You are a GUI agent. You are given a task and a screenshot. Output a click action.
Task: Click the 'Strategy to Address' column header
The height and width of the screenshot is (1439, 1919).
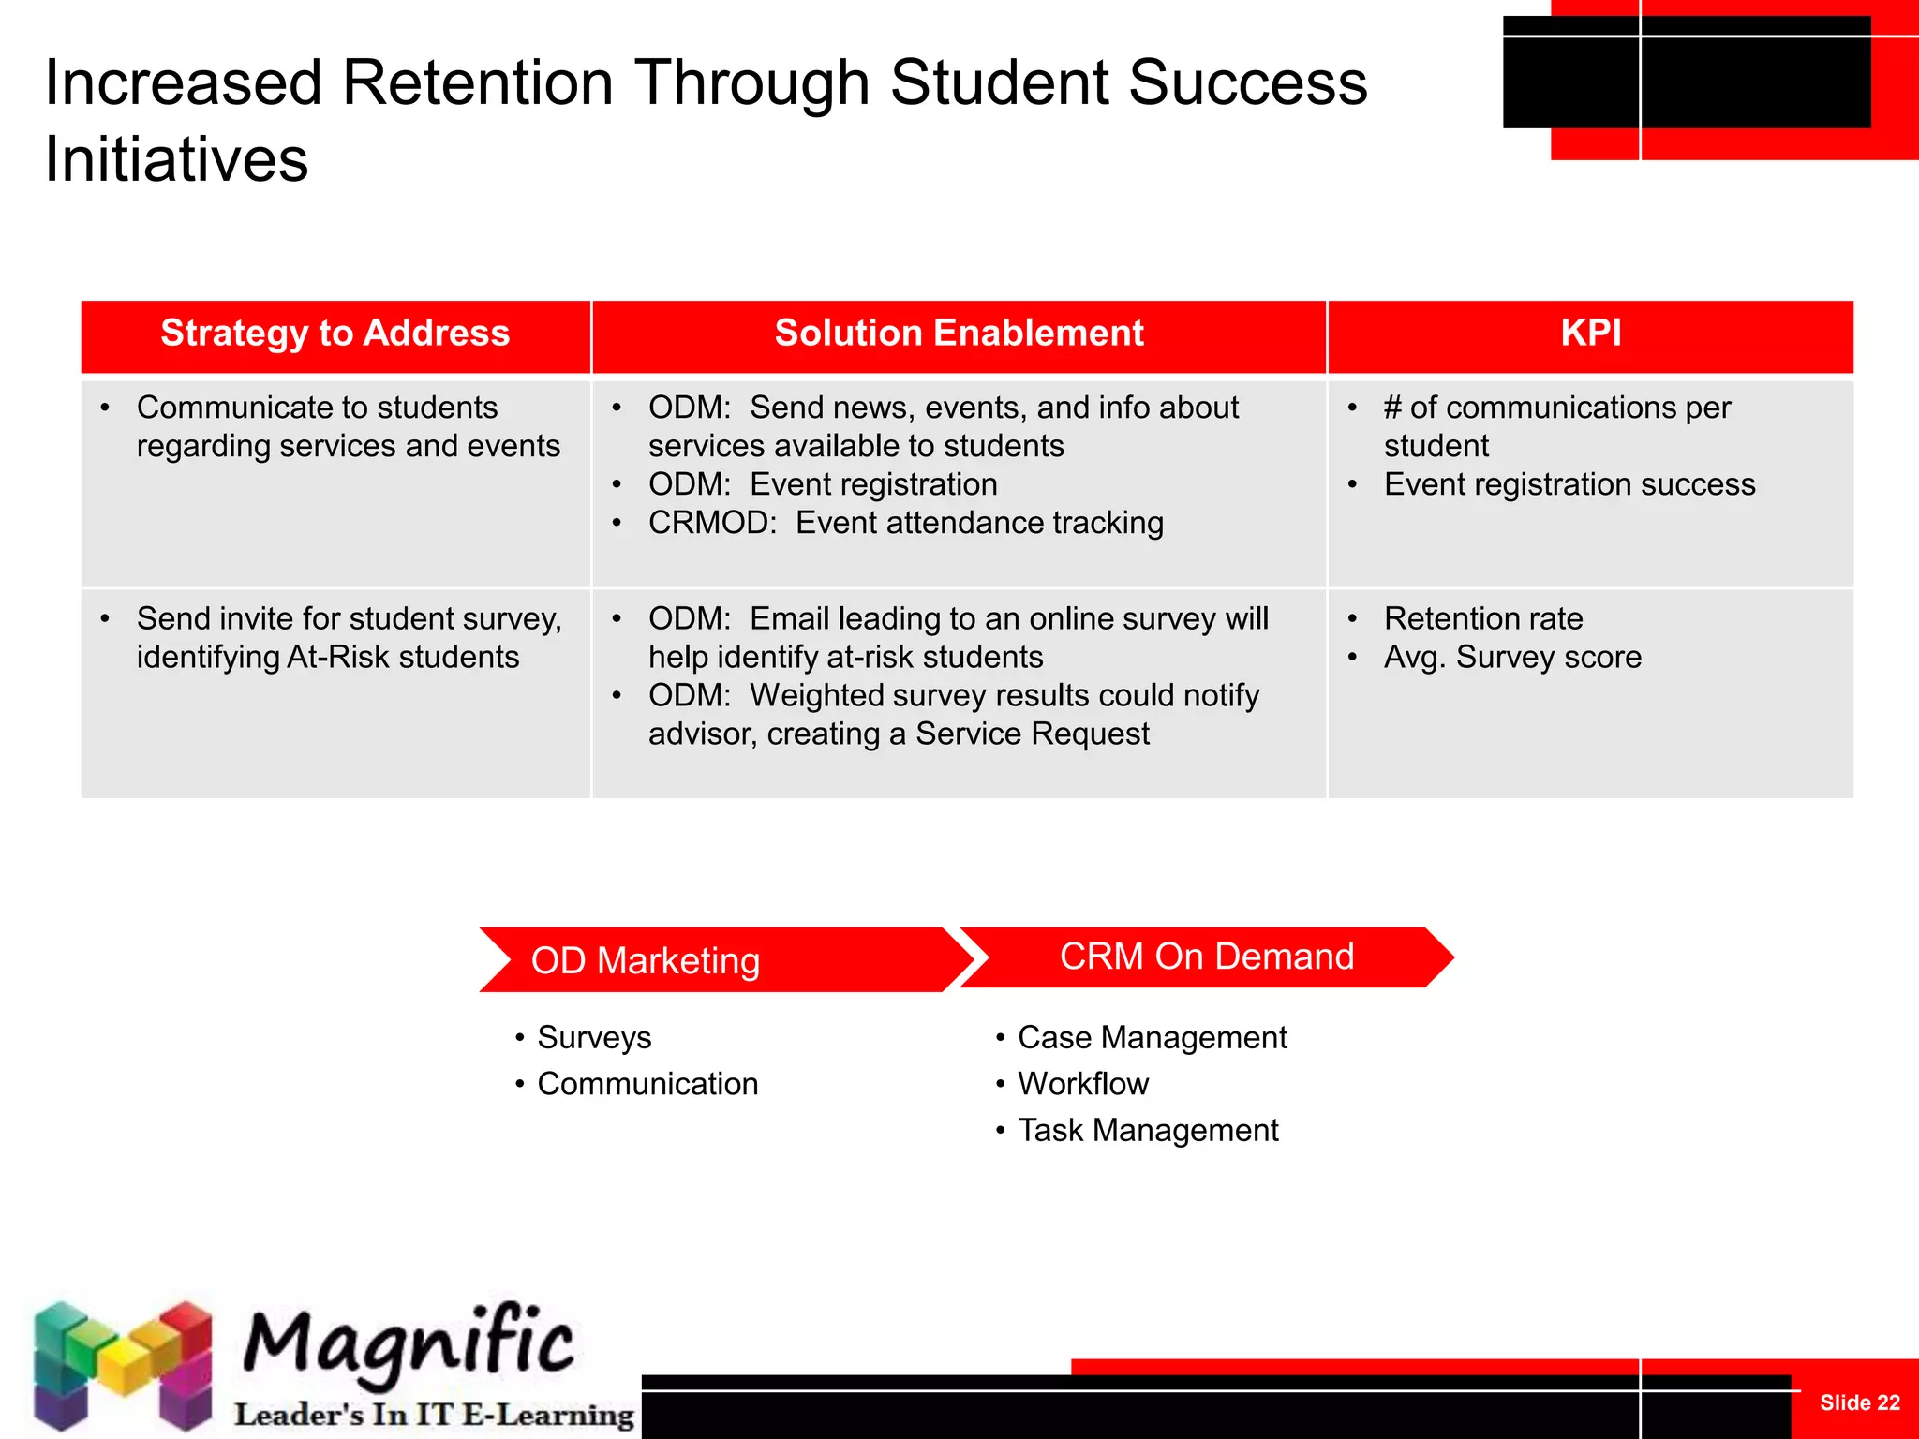(x=335, y=334)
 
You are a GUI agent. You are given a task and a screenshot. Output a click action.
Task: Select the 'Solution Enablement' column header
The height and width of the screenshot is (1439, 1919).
(x=959, y=334)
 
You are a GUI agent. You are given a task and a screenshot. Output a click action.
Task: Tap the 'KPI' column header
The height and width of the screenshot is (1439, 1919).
(x=1590, y=334)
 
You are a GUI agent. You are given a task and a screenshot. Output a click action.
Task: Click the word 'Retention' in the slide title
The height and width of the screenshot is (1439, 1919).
(x=478, y=83)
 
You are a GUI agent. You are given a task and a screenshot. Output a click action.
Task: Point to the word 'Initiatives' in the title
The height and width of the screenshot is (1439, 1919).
(x=176, y=160)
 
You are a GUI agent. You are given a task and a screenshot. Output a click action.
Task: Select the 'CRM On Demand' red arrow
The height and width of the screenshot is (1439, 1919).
(x=1206, y=957)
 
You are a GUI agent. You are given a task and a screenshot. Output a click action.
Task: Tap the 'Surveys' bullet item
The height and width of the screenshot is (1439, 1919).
(x=594, y=1038)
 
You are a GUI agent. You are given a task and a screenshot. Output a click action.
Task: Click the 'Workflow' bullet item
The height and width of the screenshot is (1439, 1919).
(x=1083, y=1084)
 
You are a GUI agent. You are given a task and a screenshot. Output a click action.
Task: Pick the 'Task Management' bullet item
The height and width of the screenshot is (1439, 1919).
(x=1148, y=1131)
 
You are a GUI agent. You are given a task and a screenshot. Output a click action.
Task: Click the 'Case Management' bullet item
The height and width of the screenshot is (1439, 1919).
(x=1153, y=1038)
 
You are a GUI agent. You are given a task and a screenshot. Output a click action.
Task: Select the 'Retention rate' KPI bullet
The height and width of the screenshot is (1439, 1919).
(x=1483, y=619)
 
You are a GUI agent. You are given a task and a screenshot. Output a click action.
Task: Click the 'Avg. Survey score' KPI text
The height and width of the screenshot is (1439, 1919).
(x=1512, y=658)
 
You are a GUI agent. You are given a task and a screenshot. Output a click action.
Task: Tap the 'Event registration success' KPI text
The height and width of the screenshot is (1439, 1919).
(x=1569, y=484)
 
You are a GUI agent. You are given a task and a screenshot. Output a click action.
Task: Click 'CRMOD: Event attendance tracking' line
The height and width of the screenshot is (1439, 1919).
(x=905, y=523)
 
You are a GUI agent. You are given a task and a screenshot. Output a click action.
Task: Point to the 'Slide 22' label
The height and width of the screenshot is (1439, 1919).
(x=1859, y=1402)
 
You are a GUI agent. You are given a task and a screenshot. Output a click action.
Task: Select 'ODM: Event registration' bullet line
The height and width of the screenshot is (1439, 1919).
(x=822, y=484)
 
